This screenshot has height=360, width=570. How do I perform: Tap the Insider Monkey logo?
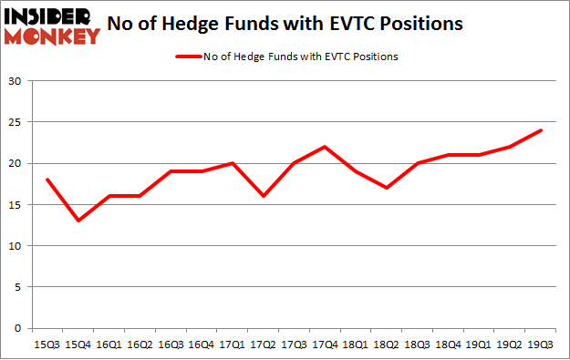pyautogui.click(x=51, y=25)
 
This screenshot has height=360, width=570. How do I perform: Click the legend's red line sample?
pyautogui.click(x=190, y=57)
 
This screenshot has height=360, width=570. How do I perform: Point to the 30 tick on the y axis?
pyautogui.click(x=15, y=81)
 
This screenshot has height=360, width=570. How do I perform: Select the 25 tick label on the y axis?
pyautogui.click(x=15, y=122)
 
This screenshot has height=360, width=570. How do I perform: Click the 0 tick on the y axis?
pyautogui.click(x=18, y=328)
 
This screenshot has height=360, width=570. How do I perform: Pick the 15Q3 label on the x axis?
pyautogui.click(x=47, y=345)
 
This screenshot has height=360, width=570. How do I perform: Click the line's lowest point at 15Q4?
pyautogui.click(x=78, y=221)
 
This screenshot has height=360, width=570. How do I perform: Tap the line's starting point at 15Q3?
pyautogui.click(x=47, y=180)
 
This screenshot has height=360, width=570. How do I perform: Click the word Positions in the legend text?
pyautogui.click(x=377, y=57)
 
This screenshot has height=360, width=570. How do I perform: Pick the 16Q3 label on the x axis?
pyautogui.click(x=171, y=345)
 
